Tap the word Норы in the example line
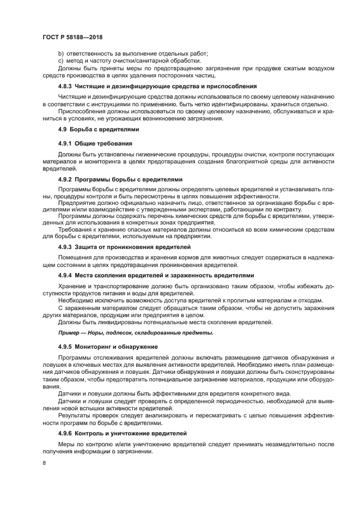click(x=101, y=332)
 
